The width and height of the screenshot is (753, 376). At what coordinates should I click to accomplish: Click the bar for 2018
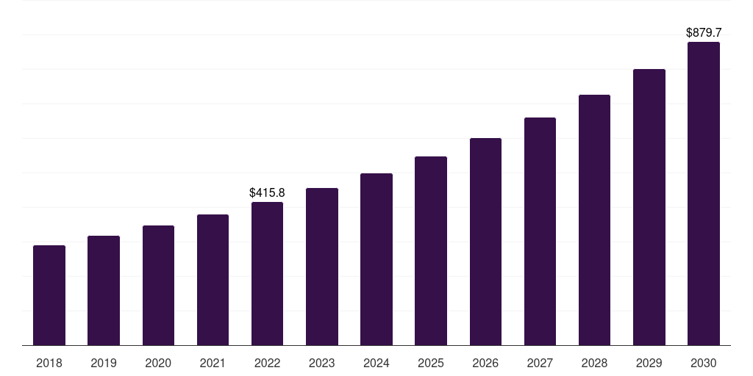coord(49,295)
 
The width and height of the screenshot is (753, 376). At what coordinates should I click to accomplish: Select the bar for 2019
coord(104,291)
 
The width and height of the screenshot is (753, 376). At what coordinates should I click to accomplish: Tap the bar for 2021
coord(213,280)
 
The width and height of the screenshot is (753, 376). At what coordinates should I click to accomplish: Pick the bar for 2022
coord(267,274)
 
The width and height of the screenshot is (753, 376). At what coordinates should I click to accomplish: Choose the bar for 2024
coord(376,259)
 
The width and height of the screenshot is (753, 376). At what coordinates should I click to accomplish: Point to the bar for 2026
coord(485,242)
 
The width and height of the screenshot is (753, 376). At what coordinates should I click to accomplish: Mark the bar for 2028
coord(594,220)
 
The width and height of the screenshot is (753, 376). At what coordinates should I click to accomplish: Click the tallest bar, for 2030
coord(704,194)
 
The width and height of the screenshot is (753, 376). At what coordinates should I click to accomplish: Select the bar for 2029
coord(649,207)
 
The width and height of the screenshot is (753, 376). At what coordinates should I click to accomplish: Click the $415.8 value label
coord(267,192)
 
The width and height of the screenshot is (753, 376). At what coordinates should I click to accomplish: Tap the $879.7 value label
coord(704,32)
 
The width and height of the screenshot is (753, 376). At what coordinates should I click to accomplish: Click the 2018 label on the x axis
coord(49,363)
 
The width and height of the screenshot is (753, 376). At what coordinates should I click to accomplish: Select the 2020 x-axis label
coord(158,363)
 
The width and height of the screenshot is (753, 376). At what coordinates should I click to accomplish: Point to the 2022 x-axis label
coord(267,363)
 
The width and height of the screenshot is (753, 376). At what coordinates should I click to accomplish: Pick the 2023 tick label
coord(322,363)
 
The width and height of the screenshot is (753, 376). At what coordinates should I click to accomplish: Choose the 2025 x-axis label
coord(431,363)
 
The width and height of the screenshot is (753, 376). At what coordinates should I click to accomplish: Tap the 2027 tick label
coord(540,363)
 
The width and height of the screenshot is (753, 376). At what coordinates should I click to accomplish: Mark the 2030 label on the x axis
coord(704,363)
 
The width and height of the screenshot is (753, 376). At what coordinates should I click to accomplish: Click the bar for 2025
coord(431,251)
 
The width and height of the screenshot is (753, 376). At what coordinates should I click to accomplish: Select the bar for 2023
coord(322,267)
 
